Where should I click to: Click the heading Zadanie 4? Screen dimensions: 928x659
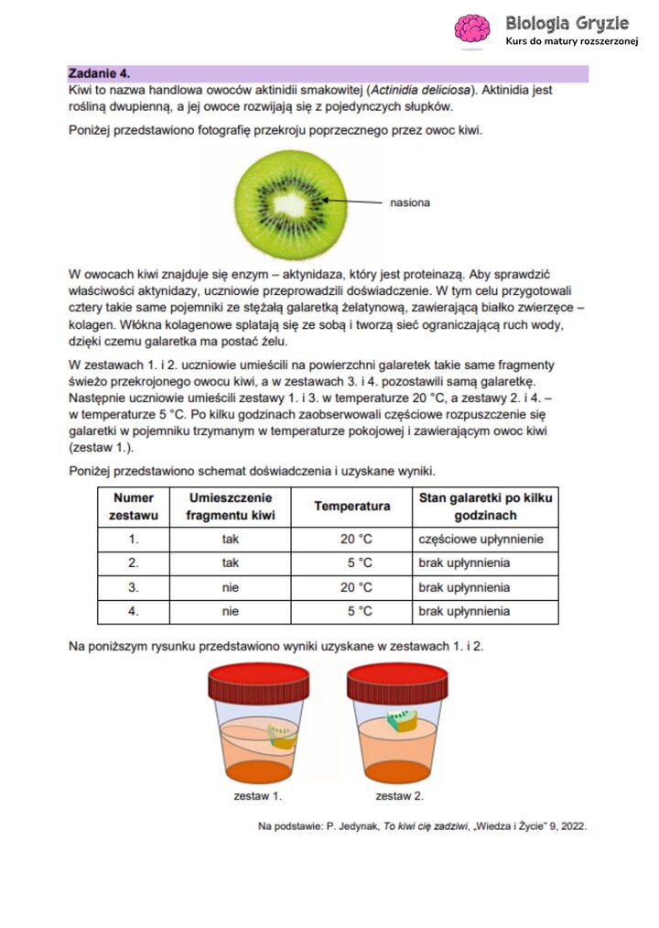[x=100, y=73]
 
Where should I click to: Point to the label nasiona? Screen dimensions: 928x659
[x=409, y=202]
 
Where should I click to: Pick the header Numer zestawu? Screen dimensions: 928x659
[x=135, y=507]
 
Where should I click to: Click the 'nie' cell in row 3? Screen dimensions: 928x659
[x=230, y=587]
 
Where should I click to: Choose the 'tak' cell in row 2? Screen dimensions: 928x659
[x=230, y=563]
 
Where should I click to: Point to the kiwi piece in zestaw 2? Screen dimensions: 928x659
[x=404, y=719]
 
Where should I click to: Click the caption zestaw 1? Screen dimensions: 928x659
[x=257, y=796]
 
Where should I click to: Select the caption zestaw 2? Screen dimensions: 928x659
[x=399, y=796]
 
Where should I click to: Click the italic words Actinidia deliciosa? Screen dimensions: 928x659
[x=423, y=91]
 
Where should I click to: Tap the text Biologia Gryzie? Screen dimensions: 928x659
[x=567, y=22]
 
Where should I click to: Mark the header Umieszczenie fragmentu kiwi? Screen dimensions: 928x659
[x=230, y=507]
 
